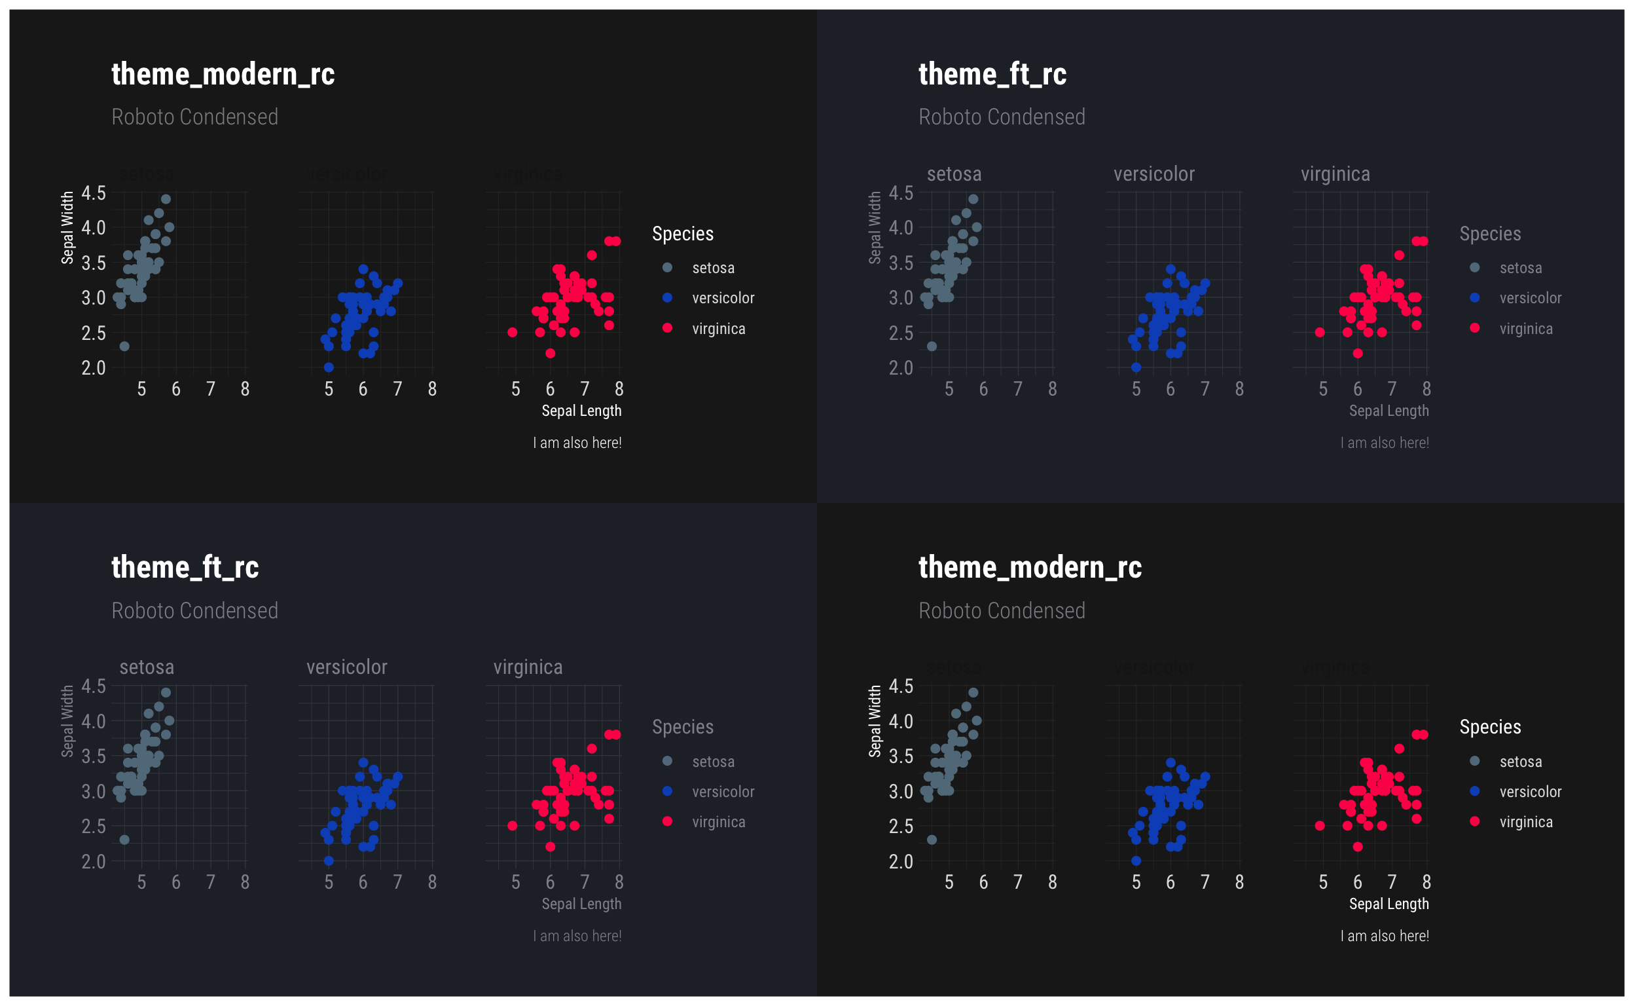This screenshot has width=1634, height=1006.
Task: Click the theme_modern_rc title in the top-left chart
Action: point(223,74)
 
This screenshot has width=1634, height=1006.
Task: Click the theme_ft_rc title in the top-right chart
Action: point(992,74)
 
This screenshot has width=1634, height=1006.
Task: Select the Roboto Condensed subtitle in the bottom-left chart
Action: point(195,611)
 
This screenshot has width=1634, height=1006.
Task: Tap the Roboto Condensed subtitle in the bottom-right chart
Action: point(1002,611)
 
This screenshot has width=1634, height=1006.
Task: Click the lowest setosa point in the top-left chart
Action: point(124,346)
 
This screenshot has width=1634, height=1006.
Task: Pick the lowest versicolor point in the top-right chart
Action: point(1136,367)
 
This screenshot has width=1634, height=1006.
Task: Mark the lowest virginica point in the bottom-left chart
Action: point(550,846)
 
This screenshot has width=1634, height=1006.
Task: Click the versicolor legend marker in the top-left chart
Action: point(668,297)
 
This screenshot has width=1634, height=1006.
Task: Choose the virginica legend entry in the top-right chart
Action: point(1525,329)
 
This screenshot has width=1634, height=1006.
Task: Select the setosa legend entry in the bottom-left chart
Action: point(713,761)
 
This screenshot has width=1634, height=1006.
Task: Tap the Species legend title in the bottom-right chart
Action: point(1490,726)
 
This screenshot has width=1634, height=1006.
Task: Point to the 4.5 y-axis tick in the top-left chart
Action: point(94,193)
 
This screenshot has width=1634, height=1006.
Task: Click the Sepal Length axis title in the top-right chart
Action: point(1389,411)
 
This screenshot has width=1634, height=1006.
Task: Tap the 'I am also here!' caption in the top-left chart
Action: point(577,443)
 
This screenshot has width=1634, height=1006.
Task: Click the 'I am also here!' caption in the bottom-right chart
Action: point(1385,935)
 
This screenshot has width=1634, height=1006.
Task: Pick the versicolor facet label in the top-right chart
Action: point(1154,174)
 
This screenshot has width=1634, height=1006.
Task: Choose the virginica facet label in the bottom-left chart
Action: point(528,667)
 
